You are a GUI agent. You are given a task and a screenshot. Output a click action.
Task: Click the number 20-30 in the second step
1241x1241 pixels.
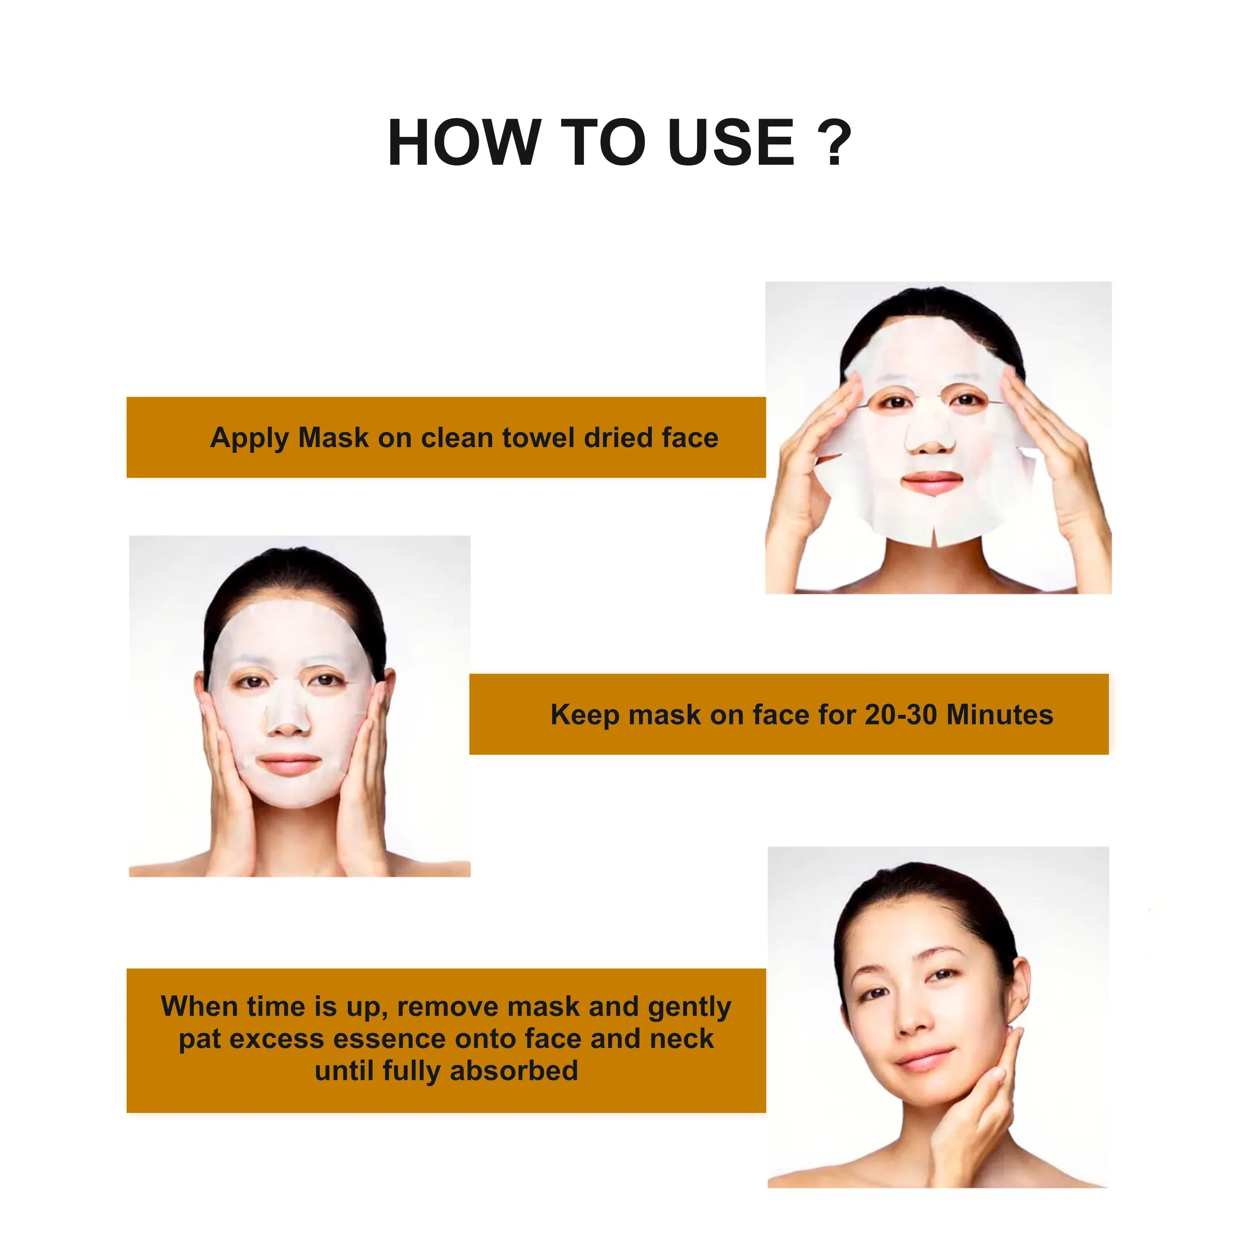[901, 715]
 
